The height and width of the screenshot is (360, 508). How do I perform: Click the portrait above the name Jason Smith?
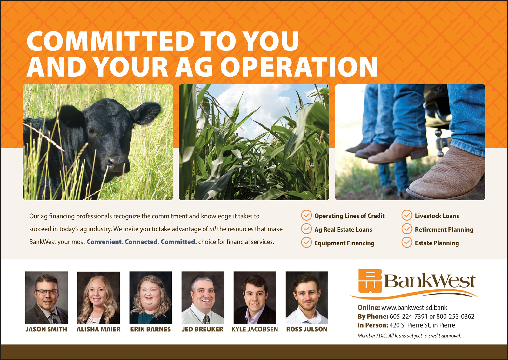point(46,298)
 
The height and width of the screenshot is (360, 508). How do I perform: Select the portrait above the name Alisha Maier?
point(98,298)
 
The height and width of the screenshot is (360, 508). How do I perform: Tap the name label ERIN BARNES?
point(150,329)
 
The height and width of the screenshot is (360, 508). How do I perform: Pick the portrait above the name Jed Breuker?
point(203,298)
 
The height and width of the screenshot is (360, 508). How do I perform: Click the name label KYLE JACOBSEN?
point(255,329)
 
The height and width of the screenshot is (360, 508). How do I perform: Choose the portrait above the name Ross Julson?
point(307,298)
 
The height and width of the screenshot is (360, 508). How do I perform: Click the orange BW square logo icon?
point(370,281)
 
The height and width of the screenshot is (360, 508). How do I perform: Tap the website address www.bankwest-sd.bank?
point(414,307)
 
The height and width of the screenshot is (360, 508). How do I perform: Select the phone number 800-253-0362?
point(455,316)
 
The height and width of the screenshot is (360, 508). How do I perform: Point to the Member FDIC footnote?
point(409,336)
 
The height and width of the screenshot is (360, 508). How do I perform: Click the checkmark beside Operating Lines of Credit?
point(306,215)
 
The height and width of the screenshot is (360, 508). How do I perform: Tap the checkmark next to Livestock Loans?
point(407,215)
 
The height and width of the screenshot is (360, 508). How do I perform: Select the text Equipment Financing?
point(344,243)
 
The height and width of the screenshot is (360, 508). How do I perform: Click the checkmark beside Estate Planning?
point(407,243)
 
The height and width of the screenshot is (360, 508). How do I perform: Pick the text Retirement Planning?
point(444,230)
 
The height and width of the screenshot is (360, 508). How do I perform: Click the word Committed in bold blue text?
point(179,242)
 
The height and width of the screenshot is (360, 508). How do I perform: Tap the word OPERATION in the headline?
point(299,67)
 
